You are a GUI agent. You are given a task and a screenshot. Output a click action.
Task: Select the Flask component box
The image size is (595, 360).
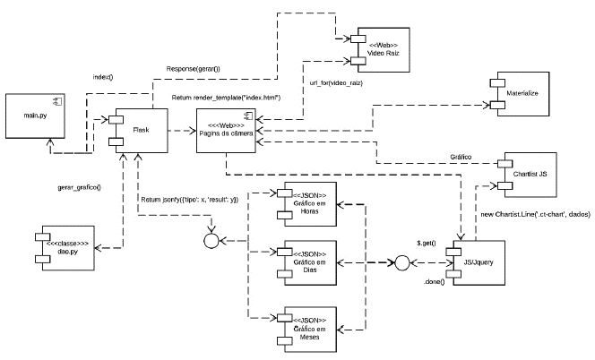coord(141,130)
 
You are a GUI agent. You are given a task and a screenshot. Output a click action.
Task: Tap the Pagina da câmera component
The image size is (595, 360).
coord(228,132)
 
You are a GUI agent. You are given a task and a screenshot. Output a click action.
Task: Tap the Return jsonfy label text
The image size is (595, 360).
coord(191,198)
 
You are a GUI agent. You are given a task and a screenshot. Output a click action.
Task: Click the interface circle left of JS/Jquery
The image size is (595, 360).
coord(402,264)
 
